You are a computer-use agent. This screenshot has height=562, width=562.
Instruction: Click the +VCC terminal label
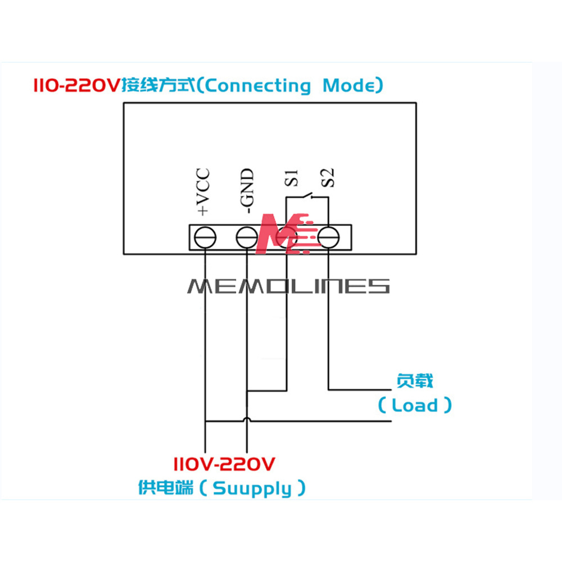pos(203,192)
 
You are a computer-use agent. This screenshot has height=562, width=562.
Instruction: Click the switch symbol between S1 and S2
pos(306,197)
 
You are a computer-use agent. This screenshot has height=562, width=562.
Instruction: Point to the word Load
pos(415,405)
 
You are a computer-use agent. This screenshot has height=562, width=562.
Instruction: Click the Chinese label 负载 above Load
pos(415,382)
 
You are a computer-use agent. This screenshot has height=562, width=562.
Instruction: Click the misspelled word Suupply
pos(253,488)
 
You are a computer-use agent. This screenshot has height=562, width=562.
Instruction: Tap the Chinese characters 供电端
pos(166,487)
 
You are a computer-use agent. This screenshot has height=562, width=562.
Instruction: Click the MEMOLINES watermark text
pos(288,286)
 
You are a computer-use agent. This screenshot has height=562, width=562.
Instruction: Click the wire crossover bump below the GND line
pos(246,420)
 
